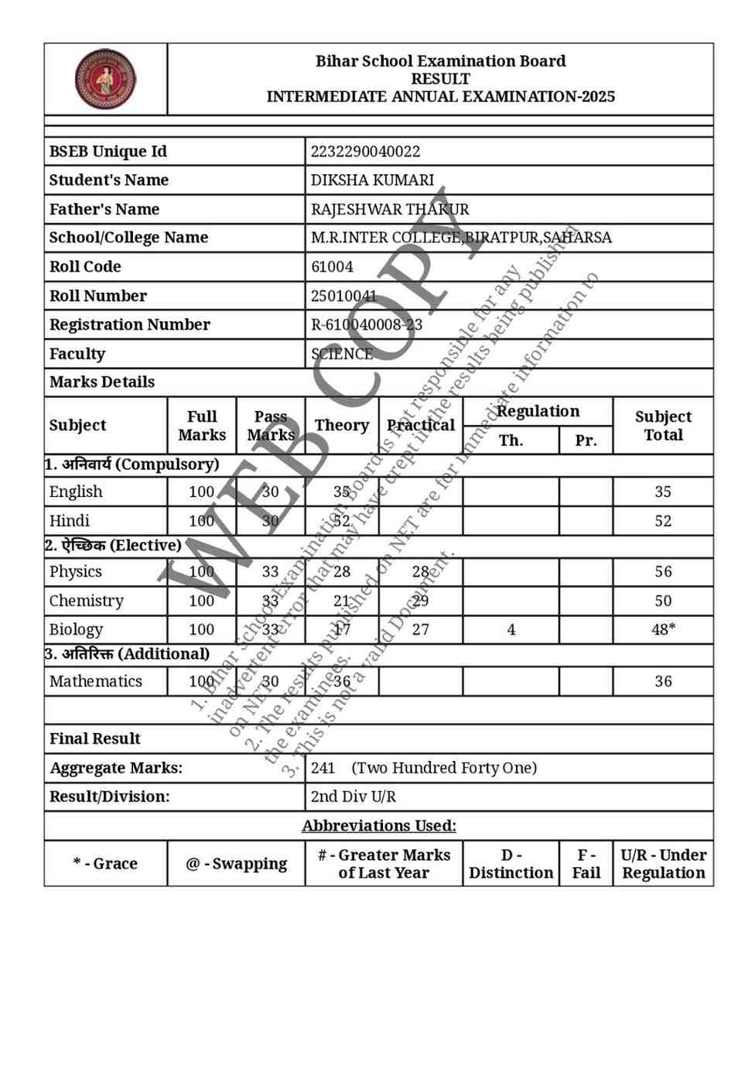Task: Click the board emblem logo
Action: click(x=105, y=79)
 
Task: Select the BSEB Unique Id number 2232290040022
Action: click(x=365, y=152)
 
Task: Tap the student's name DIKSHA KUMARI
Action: click(x=372, y=180)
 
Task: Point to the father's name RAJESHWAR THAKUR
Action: click(x=390, y=210)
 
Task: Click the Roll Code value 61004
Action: click(x=332, y=267)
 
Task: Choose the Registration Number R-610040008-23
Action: click(x=367, y=325)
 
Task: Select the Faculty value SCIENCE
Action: click(x=342, y=354)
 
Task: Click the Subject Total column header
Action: click(x=663, y=426)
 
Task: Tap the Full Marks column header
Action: click(x=202, y=426)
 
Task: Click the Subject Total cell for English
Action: click(x=663, y=492)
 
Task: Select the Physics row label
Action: click(x=76, y=572)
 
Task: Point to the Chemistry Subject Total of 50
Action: click(x=663, y=601)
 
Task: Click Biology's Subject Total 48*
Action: click(x=663, y=630)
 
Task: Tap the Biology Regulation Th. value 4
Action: click(x=511, y=630)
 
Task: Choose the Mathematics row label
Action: click(x=96, y=682)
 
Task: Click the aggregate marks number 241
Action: click(x=323, y=768)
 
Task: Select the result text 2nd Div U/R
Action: click(x=353, y=797)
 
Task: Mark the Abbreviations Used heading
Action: click(x=379, y=826)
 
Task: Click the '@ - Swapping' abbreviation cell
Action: click(x=236, y=864)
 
